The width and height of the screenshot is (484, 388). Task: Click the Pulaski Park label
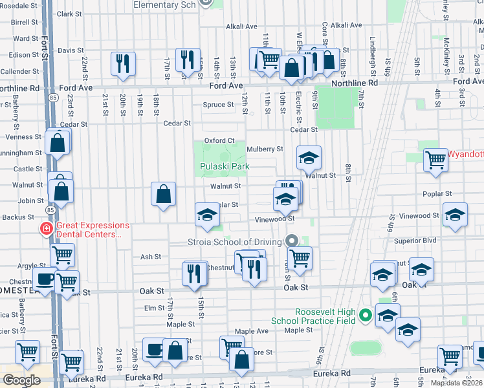pyautogui.click(x=224, y=166)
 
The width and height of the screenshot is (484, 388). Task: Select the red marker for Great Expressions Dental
pyautogui.click(x=46, y=228)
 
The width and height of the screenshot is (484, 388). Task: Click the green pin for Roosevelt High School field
pyautogui.click(x=366, y=316)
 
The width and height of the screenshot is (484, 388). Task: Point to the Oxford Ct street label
pyautogui.click(x=219, y=140)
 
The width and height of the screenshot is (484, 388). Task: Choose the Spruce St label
pyautogui.click(x=218, y=105)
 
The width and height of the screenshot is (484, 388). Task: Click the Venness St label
pyautogui.click(x=23, y=137)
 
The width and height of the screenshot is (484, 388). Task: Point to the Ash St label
pyautogui.click(x=151, y=257)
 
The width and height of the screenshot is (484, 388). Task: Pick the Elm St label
pyautogui.click(x=155, y=308)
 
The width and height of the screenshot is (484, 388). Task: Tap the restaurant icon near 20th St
pyautogui.click(x=123, y=63)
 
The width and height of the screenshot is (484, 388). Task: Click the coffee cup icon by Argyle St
pyautogui.click(x=45, y=279)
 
